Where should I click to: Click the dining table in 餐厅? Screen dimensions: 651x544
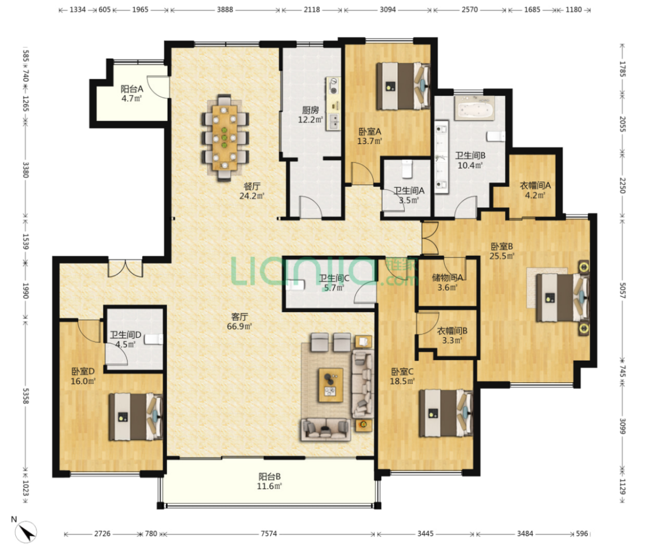point(224,138)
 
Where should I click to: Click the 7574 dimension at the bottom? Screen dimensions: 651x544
point(268,534)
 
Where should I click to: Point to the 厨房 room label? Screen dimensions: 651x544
point(310,110)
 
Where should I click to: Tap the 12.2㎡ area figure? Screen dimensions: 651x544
point(310,120)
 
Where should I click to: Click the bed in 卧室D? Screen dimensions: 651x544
point(135,416)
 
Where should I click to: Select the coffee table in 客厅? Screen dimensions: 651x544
point(331,385)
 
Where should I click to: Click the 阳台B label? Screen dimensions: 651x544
point(270,476)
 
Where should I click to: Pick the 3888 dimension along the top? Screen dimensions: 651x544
point(225,10)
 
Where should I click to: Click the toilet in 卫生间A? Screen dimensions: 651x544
point(407,168)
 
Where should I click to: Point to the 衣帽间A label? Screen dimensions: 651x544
point(535,186)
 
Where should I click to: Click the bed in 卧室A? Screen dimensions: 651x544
point(403,86)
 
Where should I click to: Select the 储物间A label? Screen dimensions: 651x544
point(447,277)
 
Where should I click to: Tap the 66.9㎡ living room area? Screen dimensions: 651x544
point(239,326)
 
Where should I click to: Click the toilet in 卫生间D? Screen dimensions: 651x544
point(153,340)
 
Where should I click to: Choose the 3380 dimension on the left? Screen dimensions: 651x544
point(25,170)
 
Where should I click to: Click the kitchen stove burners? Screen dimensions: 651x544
point(333,85)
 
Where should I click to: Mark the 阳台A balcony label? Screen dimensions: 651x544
point(132,89)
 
